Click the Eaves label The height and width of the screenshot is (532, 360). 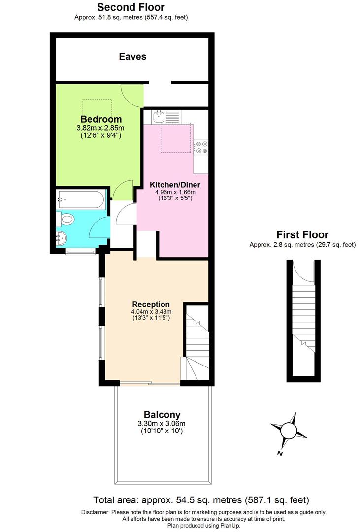[132, 57]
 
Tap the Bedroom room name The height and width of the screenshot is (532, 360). [101, 119]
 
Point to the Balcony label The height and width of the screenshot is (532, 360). [162, 415]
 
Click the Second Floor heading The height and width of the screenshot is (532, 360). [131, 7]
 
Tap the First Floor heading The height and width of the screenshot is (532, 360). [302, 235]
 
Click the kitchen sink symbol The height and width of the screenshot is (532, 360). [159, 117]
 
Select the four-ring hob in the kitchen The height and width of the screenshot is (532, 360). [202, 146]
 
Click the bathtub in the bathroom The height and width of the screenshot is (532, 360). [81, 200]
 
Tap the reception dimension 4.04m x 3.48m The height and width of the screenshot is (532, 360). [151, 312]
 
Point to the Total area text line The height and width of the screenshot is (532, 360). [201, 499]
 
